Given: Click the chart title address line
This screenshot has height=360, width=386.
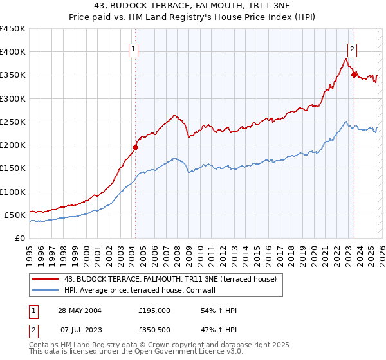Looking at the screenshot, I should pos(193,6).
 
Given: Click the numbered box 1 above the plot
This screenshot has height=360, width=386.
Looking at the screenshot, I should pos(134,48).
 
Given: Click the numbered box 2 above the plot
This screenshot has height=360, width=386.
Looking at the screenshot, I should pos(353,48).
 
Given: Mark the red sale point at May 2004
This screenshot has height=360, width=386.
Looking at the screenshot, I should pos(136,147).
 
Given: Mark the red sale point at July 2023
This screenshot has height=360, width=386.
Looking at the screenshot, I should pos(353,75).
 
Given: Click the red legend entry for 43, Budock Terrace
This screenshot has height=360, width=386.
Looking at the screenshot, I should pos(170,279).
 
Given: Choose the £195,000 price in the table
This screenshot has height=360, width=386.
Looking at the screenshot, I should pos(154,310).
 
